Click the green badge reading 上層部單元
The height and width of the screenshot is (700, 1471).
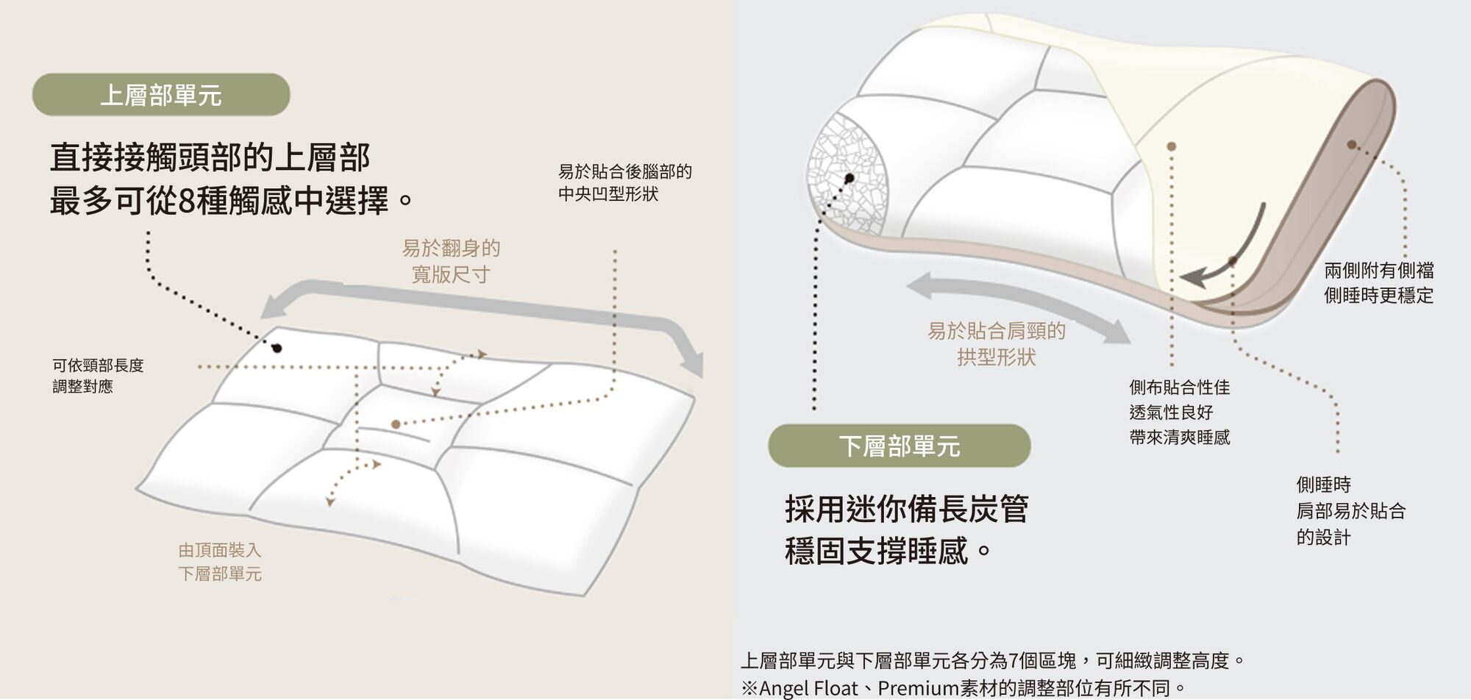(x=161, y=95)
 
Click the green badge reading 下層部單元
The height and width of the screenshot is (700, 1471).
(x=899, y=446)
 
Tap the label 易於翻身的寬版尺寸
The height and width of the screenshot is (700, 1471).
(x=451, y=261)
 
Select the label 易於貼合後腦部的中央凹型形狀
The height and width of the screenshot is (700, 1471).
(x=624, y=182)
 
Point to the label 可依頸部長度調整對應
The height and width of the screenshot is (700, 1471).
(x=98, y=376)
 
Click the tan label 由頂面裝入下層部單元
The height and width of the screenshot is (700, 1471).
(x=219, y=562)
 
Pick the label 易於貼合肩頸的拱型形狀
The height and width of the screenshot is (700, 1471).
(x=997, y=344)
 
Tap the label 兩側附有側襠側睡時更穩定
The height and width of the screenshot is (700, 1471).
(x=1379, y=283)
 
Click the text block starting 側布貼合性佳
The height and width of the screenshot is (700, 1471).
(x=1180, y=412)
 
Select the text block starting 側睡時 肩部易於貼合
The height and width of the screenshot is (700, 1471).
(x=1351, y=511)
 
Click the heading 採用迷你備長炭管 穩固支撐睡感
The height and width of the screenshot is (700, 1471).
(x=906, y=529)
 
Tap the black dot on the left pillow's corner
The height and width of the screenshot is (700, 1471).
(x=277, y=348)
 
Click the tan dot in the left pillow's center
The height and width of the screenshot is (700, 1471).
(x=396, y=424)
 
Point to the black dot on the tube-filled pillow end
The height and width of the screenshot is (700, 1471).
(x=850, y=178)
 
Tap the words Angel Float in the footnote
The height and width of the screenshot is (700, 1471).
(x=808, y=688)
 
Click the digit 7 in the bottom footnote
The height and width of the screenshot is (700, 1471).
(x=1014, y=660)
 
